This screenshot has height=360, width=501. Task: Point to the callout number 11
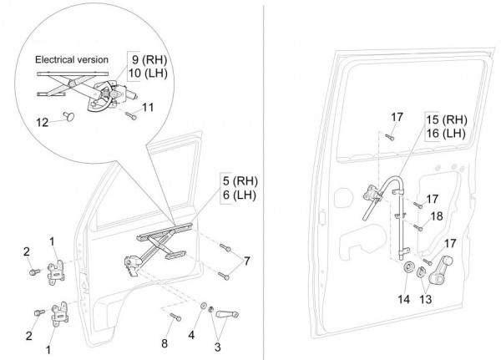(x=148, y=107)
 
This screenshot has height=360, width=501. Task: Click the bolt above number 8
(x=174, y=317)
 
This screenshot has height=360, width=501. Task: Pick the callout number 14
(x=404, y=299)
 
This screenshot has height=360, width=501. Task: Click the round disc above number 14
(x=410, y=270)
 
